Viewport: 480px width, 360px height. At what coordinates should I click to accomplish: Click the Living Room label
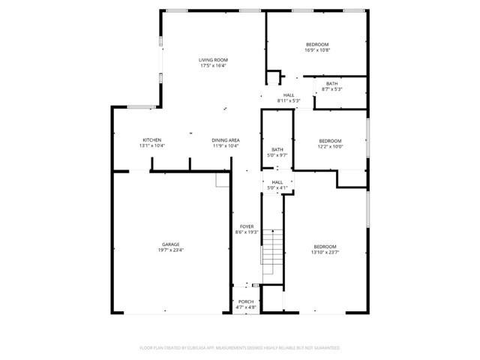pos(213,60)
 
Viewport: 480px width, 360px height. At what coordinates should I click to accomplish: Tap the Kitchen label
pos(152,140)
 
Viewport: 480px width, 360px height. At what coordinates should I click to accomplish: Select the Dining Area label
pos(225,140)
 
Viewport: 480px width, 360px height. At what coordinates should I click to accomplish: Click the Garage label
pos(171,244)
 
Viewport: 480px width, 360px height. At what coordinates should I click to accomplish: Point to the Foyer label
pos(247,226)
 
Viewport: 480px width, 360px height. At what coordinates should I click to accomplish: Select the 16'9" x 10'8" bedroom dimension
pos(317,51)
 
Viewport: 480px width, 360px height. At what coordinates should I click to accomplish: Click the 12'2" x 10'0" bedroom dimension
pos(330,147)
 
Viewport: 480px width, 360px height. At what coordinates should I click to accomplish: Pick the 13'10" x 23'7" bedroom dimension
pos(325,253)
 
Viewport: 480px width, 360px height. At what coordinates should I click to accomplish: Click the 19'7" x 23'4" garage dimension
pos(171,250)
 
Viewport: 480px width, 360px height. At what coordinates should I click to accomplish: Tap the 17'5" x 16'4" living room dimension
pos(213,66)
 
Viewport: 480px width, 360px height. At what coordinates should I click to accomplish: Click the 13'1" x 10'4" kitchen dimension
pos(152,146)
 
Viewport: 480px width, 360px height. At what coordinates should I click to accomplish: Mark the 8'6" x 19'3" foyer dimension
pos(247,232)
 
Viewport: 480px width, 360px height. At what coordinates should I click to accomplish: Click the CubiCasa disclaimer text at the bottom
pos(240,348)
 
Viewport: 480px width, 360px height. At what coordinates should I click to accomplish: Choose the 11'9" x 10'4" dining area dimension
pos(225,146)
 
